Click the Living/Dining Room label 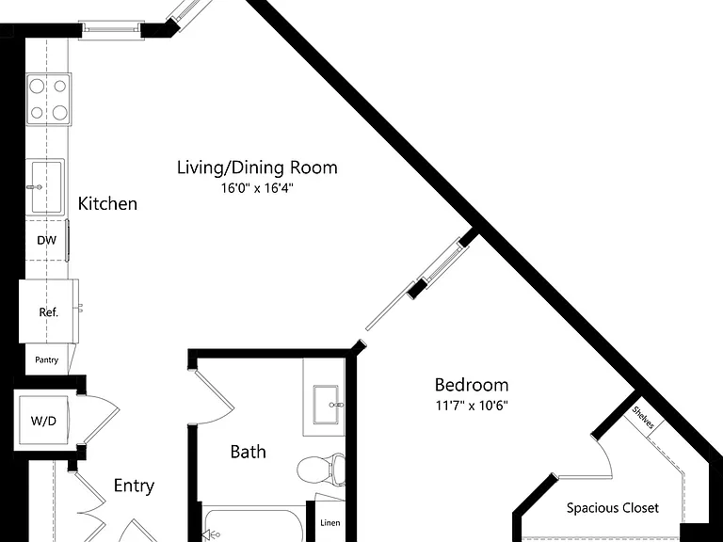coord(257,167)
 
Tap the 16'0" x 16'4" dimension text coord(257,188)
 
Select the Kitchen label coord(107,203)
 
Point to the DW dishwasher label coord(46,240)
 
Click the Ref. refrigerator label coord(48,312)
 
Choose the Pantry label coord(46,360)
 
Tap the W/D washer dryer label coord(43,421)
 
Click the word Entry coord(134,486)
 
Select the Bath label coord(249,452)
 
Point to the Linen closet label coord(330,522)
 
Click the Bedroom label coord(472,384)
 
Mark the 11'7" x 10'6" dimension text coord(472,406)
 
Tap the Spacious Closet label coord(612,508)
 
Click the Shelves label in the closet coord(643,417)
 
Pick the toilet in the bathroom coord(321,470)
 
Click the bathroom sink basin coord(326,405)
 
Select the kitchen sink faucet coord(35,187)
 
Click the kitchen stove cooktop coord(49,99)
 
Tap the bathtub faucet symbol coord(210,535)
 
